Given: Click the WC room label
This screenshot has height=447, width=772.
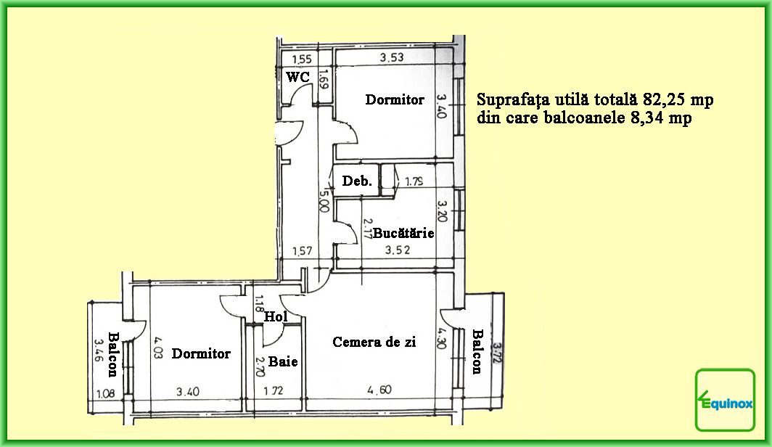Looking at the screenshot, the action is (298, 77).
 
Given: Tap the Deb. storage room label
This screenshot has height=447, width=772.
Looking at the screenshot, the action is (357, 181).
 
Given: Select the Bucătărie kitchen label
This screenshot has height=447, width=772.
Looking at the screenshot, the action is (403, 233).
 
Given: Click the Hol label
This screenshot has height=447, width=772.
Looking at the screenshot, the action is (276, 316).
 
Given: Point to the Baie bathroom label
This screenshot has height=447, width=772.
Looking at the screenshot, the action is (283, 361).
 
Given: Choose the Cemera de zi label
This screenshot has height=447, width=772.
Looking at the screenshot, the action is (374, 342).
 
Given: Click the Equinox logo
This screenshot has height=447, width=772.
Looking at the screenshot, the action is (725, 400).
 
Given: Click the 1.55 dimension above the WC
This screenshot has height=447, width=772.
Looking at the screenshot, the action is (302, 60).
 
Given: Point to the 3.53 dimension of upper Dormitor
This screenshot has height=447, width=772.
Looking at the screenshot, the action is (392, 57).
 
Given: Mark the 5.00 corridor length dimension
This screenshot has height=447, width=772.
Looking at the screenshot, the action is (324, 201).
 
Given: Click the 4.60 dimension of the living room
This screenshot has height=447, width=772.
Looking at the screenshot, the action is (379, 390).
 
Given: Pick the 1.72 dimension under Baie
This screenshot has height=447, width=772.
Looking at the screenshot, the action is (274, 391).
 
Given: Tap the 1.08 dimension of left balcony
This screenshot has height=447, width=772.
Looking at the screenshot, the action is (105, 393).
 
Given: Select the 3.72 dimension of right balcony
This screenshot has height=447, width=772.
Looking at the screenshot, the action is (497, 353).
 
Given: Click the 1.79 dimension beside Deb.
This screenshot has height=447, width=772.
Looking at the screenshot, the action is (414, 181).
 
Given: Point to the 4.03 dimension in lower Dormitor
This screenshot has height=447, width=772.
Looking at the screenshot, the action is (158, 348).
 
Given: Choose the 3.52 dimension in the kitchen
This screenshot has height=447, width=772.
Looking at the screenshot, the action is (398, 250).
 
